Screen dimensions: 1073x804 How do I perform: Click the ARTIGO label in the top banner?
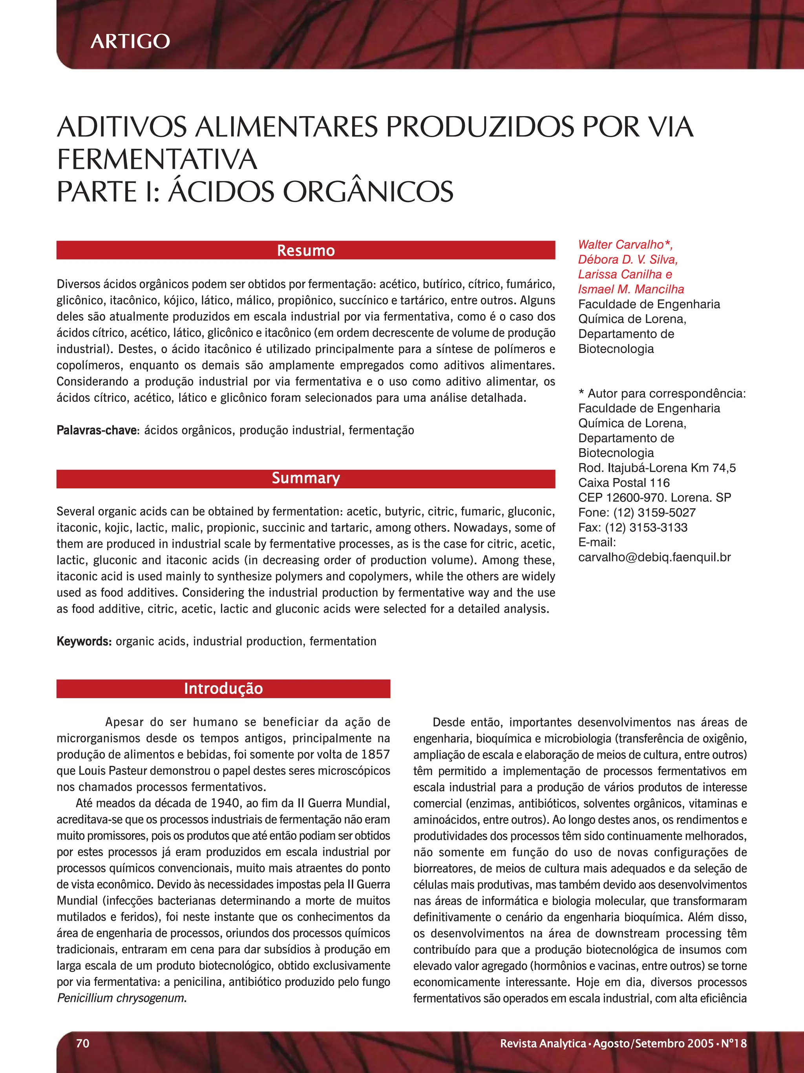(130, 41)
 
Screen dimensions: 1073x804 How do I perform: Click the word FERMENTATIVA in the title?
(157, 160)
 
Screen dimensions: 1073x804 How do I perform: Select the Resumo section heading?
(306, 250)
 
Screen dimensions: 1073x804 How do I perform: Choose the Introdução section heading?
(223, 688)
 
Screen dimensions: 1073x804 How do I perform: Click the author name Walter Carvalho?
(620, 245)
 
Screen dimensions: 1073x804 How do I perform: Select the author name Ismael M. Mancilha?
(631, 290)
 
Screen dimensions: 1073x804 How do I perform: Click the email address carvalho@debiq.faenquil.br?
(654, 557)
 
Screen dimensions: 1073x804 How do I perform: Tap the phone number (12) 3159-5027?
(654, 513)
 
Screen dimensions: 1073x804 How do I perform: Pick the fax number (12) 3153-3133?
(646, 528)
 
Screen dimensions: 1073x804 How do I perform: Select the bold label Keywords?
(84, 641)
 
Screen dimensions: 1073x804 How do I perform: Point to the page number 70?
(82, 1043)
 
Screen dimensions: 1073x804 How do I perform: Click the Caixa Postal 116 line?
(623, 483)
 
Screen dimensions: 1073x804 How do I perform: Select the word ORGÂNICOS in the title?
(368, 192)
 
